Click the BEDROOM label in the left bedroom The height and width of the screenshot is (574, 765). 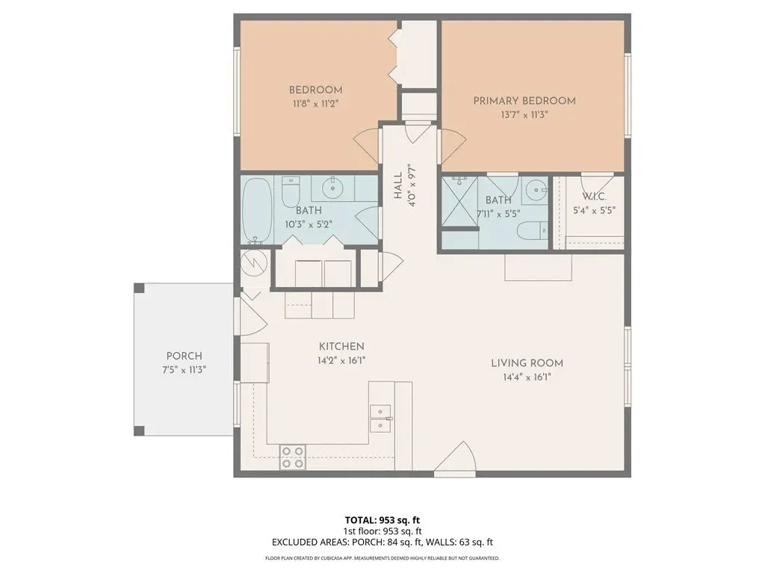pos(316,90)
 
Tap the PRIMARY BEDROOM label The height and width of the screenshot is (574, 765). pos(524,101)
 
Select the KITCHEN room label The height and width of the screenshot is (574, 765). pos(341,347)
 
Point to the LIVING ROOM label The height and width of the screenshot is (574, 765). pos(527,363)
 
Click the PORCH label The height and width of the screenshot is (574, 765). pos(185,357)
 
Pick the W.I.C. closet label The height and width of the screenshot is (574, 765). pos(594,197)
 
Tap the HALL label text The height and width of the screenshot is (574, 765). pos(398,185)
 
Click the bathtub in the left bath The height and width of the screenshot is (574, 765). pos(257,210)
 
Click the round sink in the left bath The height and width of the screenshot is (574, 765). pos(333,188)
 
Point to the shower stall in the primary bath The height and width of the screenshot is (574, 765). pos(459,202)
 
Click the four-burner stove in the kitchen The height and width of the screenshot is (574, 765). pos(293,457)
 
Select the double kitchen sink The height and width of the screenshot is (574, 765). pos(380,419)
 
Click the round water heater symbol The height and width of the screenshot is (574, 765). pos(255,263)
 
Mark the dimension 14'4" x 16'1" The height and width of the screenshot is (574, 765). pos(527,377)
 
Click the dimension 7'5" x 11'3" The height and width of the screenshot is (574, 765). pos(185,370)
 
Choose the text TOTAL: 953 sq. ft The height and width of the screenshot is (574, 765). pos(382,520)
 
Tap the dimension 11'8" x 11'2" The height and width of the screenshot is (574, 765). pos(316,104)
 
